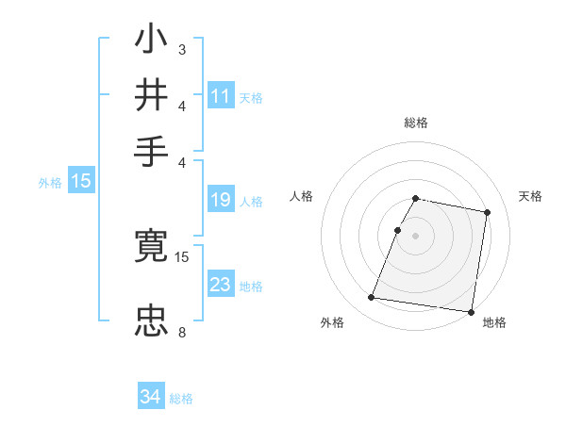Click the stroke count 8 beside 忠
click(x=181, y=332)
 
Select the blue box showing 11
click(x=221, y=95)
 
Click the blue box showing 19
click(x=221, y=200)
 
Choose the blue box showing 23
click(x=221, y=285)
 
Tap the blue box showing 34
click(x=150, y=397)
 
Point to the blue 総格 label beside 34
click(x=181, y=399)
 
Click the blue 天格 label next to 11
click(x=251, y=97)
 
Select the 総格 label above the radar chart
click(x=416, y=123)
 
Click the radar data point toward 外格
click(x=371, y=298)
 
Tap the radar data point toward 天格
click(x=487, y=213)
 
